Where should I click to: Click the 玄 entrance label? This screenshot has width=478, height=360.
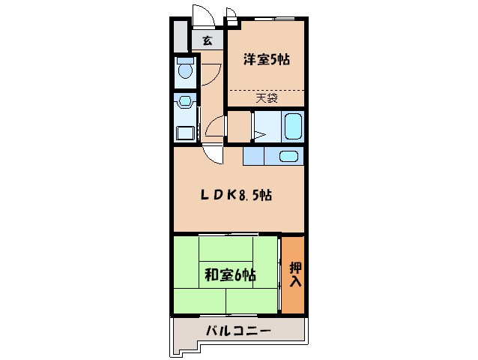pyautogui.click(x=206, y=40)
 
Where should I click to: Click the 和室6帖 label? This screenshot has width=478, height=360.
pyautogui.click(x=230, y=275)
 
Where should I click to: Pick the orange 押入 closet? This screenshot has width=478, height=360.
pyautogui.click(x=294, y=274)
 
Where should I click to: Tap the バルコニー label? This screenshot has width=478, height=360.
pyautogui.click(x=238, y=331)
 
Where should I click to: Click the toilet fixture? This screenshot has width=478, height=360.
pyautogui.click(x=185, y=70)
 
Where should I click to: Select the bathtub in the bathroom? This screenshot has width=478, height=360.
pyautogui.click(x=291, y=126)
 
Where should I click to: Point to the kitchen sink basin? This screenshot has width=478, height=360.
pyautogui.click(x=288, y=157)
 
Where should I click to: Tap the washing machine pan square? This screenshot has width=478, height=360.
pyautogui.click(x=184, y=133)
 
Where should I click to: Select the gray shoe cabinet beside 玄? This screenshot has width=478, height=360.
pyautogui.click(x=181, y=36)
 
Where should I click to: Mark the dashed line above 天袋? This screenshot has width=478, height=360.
pyautogui.click(x=266, y=90)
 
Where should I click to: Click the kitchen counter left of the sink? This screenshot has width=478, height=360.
pyautogui.click(x=255, y=156)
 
